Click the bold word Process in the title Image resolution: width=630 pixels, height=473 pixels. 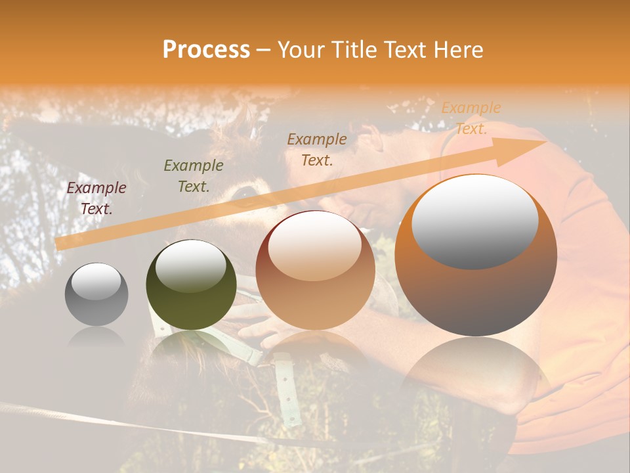pos(206,50)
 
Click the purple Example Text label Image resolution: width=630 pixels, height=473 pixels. pos(96,198)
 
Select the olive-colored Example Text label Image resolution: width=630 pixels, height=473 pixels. pos(194,175)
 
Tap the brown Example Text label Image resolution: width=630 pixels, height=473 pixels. pos(317,149)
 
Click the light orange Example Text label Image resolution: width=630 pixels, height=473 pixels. pos(471,118)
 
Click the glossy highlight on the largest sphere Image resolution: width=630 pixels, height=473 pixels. pos(474,222)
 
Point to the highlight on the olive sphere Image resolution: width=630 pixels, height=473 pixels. pos(190,266)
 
